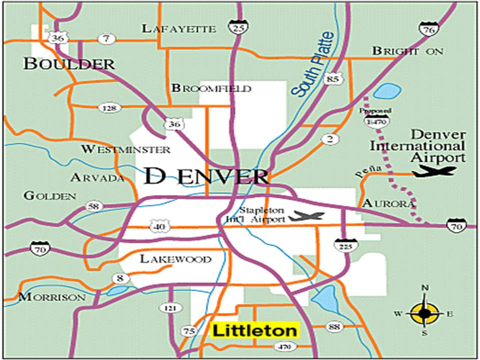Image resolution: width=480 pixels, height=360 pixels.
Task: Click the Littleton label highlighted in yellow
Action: [255, 330]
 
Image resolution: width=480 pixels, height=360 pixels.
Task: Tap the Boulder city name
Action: [69, 63]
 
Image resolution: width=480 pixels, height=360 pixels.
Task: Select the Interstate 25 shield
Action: [238, 27]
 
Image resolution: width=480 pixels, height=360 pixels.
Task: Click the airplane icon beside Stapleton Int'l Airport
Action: [307, 216]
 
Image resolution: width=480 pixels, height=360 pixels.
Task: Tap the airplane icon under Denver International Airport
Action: [433, 171]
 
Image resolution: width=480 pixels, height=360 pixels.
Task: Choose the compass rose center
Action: [424, 313]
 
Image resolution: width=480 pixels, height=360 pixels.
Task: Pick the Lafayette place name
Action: [178, 28]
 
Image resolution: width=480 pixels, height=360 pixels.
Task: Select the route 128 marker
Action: [107, 107]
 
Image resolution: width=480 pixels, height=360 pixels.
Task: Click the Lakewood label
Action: [175, 259]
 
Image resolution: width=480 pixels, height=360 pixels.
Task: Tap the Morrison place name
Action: [52, 297]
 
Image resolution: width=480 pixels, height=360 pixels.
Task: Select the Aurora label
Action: [388, 203]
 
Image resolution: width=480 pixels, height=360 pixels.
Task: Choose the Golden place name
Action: [50, 196]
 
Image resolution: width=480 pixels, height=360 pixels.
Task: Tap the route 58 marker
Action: [93, 205]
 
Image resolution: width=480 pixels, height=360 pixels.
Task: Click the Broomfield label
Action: [211, 88]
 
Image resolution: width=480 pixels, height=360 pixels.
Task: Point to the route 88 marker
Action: [334, 327]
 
